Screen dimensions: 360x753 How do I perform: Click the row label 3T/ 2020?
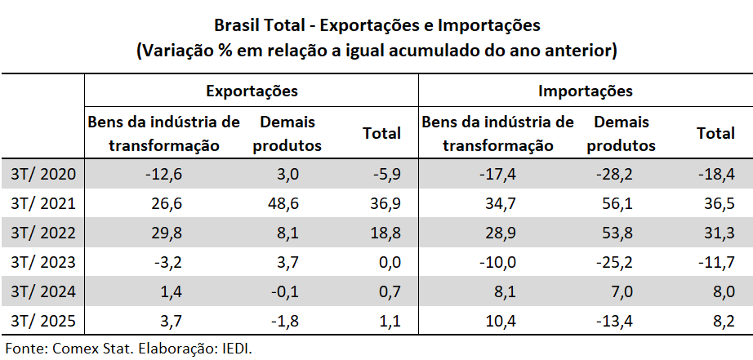44,173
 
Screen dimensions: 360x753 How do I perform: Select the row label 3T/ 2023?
44,261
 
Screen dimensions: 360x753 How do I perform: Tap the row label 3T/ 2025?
44,321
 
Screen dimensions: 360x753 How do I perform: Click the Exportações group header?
251,90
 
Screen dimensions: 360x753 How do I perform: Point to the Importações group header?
586,90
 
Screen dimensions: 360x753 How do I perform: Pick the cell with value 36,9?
381,202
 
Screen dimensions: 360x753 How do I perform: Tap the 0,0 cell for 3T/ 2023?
385,261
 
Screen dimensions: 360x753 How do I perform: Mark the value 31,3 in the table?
715,232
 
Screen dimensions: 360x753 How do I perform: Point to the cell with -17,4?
498,173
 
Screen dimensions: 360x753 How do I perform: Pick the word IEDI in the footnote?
234,348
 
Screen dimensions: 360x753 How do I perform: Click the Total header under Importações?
715,133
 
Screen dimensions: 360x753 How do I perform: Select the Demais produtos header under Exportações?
287,134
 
